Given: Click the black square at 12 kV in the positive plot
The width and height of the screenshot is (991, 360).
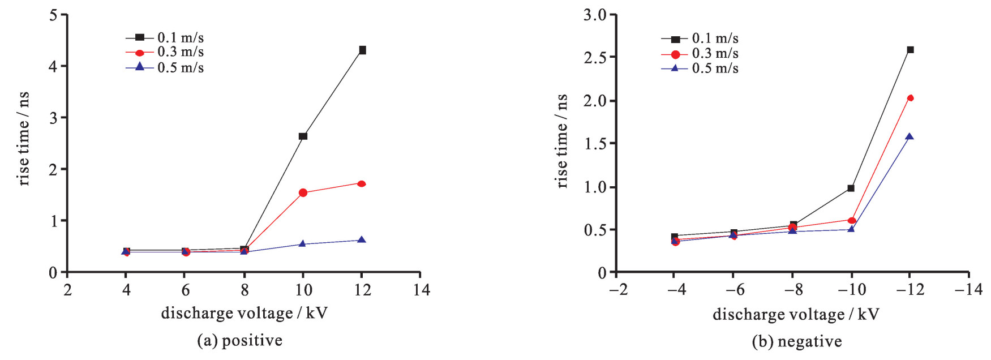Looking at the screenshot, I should coord(362,50).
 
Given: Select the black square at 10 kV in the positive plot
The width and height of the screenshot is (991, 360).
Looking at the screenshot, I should coord(303,136).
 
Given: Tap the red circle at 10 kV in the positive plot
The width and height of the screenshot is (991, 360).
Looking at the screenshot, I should coord(303,193).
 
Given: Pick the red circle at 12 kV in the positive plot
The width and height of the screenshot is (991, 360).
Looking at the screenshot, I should coord(362,183).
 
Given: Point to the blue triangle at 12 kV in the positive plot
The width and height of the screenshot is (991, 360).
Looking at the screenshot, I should coord(362,240).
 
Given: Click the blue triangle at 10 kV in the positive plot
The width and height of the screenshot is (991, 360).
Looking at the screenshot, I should coord(302,244).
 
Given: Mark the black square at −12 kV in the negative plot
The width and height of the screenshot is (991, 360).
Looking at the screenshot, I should coord(910,50).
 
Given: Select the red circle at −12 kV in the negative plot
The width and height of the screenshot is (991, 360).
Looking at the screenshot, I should coord(910,98).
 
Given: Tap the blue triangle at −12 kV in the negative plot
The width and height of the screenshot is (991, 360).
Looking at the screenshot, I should coord(910,136).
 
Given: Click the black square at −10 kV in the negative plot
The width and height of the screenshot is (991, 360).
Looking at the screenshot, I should coord(851,188).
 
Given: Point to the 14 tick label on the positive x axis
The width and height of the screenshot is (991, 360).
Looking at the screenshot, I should coord(421,290).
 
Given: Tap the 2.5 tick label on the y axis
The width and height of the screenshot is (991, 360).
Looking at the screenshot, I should coord(595,58).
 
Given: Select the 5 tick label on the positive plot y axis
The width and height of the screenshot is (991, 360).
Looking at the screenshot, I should coord(54,15).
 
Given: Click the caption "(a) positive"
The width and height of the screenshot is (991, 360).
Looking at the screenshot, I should coord(239,340).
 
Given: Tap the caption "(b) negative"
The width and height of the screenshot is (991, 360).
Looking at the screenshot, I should coord(796,341).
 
